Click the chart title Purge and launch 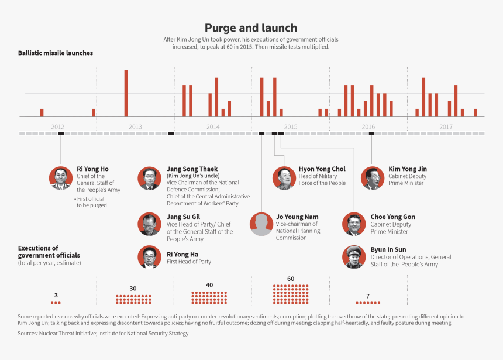[251, 28]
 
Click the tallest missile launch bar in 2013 [126, 93]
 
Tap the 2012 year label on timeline [57, 126]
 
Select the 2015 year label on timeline [291, 126]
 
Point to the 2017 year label [446, 126]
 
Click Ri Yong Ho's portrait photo [61, 178]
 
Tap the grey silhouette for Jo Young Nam [261, 224]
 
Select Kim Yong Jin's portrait [372, 178]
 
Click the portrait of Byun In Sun [354, 257]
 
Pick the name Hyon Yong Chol [322, 169]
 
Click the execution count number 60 [291, 279]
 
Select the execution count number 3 [56, 295]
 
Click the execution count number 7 [368, 296]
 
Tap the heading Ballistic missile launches [55, 53]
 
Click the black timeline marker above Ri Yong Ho [61, 133]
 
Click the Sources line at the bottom [104, 334]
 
